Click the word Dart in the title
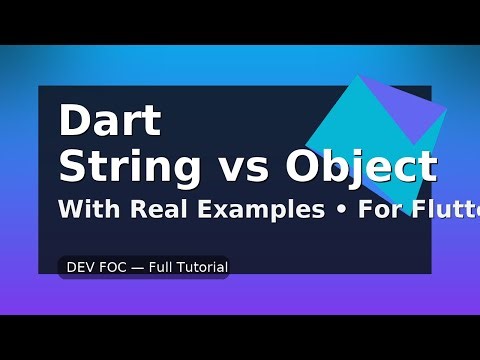(110, 123)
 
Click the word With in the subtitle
(86, 211)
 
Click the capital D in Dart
(73, 123)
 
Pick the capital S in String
(72, 166)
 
